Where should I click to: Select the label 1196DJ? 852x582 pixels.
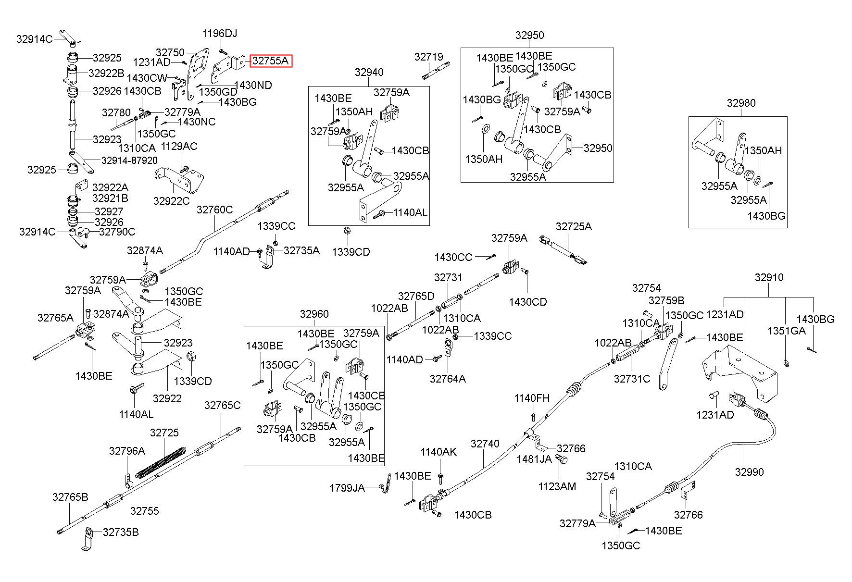[x=220, y=34]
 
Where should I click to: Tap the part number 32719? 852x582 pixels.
[x=428, y=57]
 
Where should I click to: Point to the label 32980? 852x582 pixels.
[x=741, y=103]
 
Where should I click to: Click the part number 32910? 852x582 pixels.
[x=769, y=277]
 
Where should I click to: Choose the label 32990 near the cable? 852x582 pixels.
[x=749, y=472]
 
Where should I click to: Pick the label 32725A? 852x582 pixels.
[x=574, y=226]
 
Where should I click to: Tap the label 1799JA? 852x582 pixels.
[x=347, y=488]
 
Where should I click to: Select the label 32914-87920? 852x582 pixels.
[x=129, y=160]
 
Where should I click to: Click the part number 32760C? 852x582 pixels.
[x=214, y=210]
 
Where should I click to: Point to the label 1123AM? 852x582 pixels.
[x=557, y=486]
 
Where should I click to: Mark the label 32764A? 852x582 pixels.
[x=448, y=379]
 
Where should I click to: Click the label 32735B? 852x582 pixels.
[x=121, y=532]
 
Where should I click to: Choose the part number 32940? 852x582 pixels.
[x=369, y=73]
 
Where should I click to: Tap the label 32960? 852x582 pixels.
[x=314, y=314]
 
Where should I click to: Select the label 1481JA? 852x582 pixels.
[x=534, y=459]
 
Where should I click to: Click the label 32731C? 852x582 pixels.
[x=632, y=379]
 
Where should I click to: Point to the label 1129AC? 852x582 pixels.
[x=179, y=146]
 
